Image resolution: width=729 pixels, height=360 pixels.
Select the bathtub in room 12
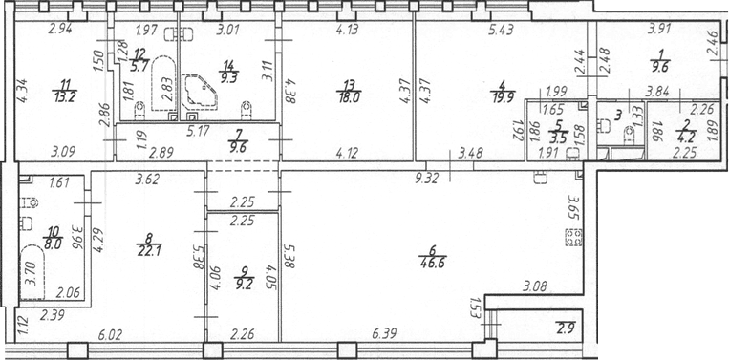(x=163, y=84)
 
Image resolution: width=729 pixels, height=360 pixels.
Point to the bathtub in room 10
(x=32, y=273)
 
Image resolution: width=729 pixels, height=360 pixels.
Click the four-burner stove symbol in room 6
(x=573, y=238)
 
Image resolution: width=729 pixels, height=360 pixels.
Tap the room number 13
(x=349, y=84)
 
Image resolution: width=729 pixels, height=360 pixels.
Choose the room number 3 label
(x=618, y=115)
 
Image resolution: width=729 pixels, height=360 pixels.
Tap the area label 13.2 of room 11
(x=65, y=96)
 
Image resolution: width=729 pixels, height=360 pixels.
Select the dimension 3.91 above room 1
(x=659, y=32)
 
